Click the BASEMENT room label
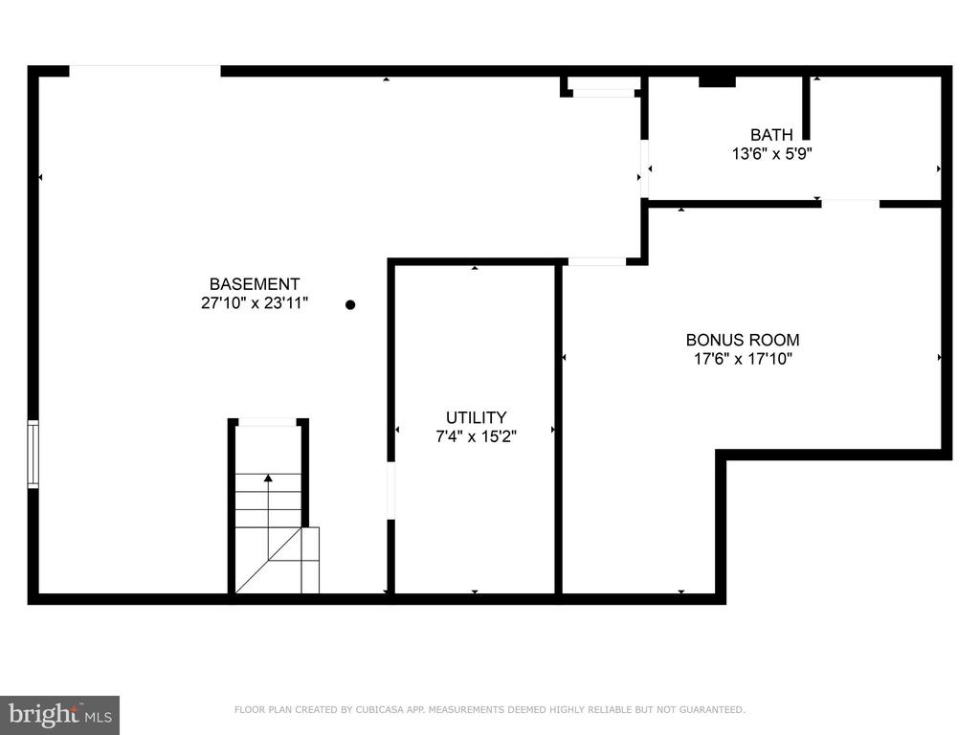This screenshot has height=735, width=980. coord(255,283)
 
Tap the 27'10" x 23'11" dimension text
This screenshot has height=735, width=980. coord(255,303)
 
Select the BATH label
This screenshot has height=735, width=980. coord(771,134)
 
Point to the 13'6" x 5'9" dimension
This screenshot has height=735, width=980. coord(772,153)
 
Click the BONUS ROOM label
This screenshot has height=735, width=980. coord(743,340)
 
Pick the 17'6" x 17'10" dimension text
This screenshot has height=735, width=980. coord(743,359)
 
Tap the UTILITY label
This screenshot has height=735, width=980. coord(476,417)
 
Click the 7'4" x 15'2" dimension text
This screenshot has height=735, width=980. coord(476,436)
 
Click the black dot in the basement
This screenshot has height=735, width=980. coord(350,305)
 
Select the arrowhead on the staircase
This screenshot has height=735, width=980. coord(268,479)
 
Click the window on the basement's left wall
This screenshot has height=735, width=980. coord(33,454)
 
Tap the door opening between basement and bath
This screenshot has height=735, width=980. coord(644,168)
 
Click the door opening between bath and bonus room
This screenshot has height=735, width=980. coord(851,203)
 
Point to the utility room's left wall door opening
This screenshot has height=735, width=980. coord(391,491)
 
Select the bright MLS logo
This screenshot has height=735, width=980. coord(60,715)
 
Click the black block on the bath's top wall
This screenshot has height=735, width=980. coord(717,81)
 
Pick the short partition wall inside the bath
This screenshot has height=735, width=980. coord(806,107)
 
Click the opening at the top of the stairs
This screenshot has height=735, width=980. coord(268,422)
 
